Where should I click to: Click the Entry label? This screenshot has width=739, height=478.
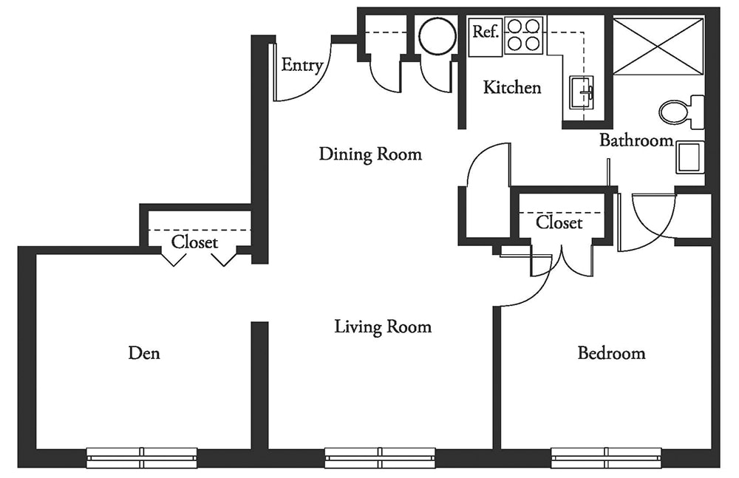pyautogui.click(x=302, y=65)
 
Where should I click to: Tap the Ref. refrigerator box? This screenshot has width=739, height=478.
pyautogui.click(x=486, y=35)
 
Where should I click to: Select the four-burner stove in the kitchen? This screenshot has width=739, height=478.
pyautogui.click(x=523, y=35)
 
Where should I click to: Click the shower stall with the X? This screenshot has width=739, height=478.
pyautogui.click(x=658, y=46)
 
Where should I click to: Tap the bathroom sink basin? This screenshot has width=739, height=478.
pyautogui.click(x=689, y=157)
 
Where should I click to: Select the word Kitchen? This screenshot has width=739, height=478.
pyautogui.click(x=512, y=88)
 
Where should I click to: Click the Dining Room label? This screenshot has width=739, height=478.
pyautogui.click(x=370, y=154)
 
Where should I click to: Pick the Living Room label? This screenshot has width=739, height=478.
pyautogui.click(x=383, y=326)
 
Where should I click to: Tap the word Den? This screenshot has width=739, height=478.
pyautogui.click(x=144, y=353)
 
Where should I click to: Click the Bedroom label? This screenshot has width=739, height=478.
pyautogui.click(x=611, y=353)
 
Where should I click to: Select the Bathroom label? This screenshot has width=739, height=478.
pyautogui.click(x=636, y=140)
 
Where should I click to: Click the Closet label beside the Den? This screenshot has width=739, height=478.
pyautogui.click(x=194, y=242)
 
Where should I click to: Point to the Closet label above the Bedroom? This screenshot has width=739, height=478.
pyautogui.click(x=559, y=222)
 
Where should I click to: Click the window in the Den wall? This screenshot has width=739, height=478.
pyautogui.click(x=142, y=457)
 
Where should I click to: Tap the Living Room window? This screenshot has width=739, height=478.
pyautogui.click(x=380, y=457)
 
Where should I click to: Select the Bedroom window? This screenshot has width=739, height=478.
pyautogui.click(x=607, y=457)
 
